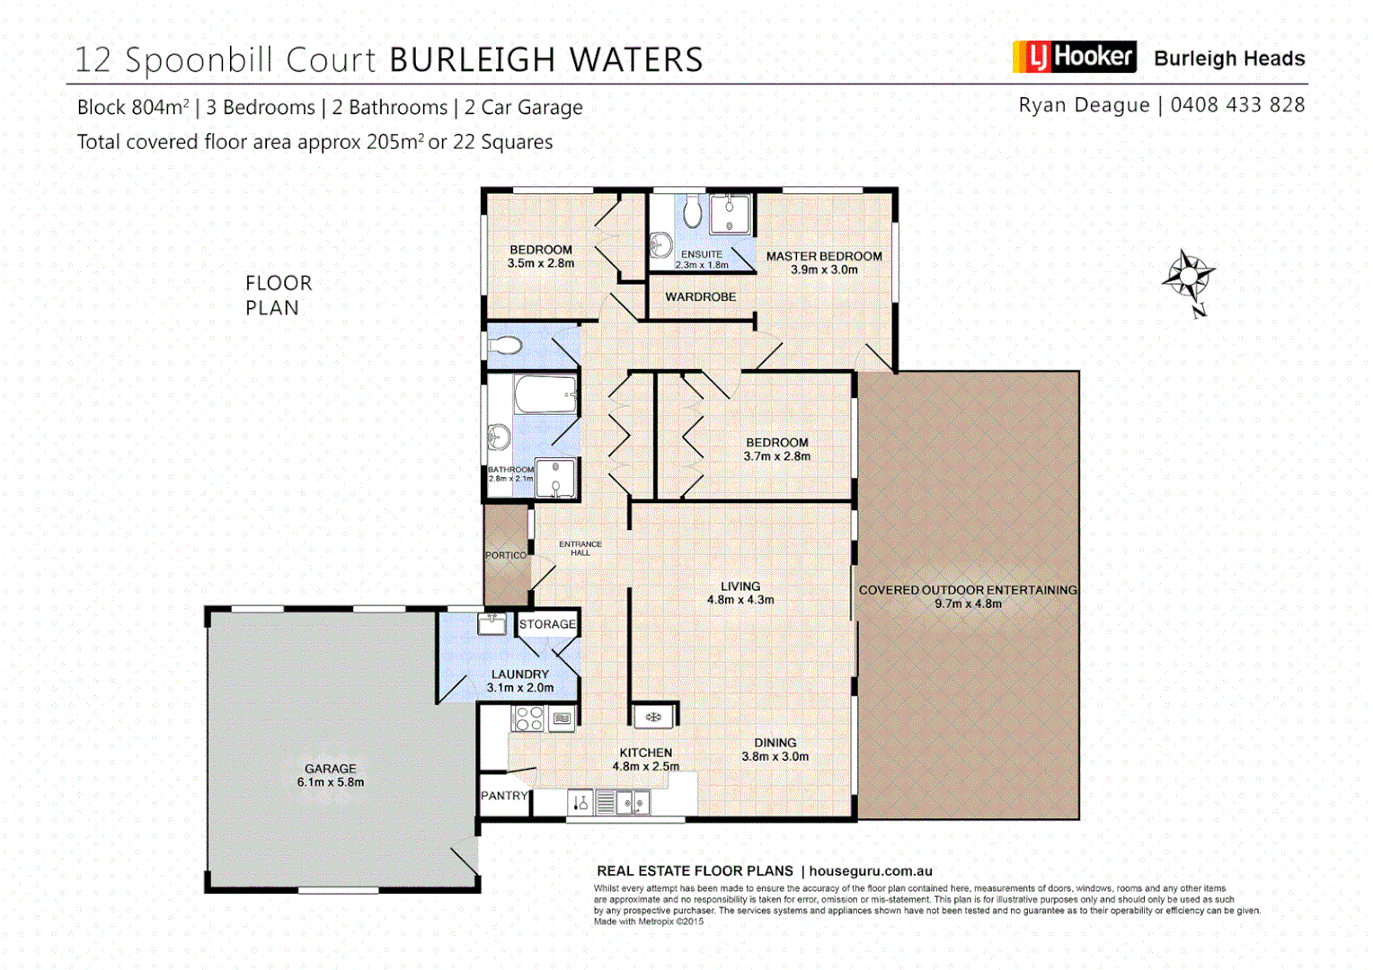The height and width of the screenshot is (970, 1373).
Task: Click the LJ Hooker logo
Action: pos(1074,57)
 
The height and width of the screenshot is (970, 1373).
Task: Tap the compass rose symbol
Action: pos(1189,276)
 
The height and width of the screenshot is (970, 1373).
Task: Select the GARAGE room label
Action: pos(330,769)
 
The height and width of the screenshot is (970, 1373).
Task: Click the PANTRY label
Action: pos(504,796)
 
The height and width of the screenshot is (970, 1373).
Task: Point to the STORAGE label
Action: pos(547,624)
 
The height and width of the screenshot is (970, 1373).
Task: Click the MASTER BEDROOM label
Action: pos(824,256)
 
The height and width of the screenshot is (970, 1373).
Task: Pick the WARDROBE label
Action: pos(700,296)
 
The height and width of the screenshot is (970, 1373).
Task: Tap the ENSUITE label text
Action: pos(701,254)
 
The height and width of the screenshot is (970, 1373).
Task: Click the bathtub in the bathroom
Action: pos(545,393)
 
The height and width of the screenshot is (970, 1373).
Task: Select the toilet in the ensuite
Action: pos(692,213)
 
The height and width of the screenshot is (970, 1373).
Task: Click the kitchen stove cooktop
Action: pos(528,718)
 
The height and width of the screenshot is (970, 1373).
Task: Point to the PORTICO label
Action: pos(506,555)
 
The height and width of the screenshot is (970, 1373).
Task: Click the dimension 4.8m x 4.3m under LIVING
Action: pos(740,600)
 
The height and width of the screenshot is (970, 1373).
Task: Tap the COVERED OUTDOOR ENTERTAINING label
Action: pos(968,590)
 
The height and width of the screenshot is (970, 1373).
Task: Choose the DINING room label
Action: pos(775,743)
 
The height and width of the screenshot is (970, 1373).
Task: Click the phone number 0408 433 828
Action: pos(1237,105)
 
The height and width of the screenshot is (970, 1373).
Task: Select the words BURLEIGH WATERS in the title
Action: pos(545,60)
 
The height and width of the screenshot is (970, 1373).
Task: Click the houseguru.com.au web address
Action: pos(871,871)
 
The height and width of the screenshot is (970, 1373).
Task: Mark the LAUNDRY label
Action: pos(519,675)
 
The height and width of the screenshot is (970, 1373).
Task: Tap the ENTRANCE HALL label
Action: pos(580,548)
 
